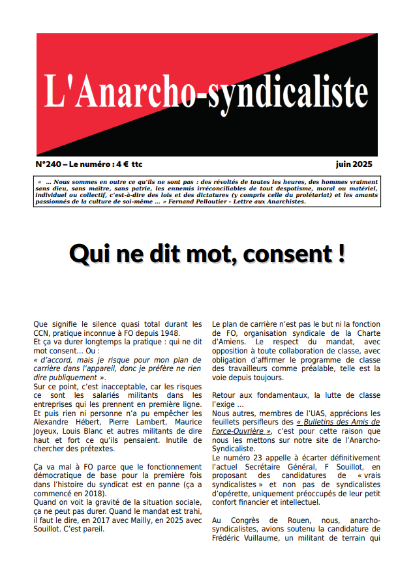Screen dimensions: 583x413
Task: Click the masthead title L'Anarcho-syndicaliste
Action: [x=206, y=91]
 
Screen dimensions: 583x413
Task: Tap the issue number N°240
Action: [x=49, y=164]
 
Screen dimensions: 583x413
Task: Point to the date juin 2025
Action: [x=354, y=164]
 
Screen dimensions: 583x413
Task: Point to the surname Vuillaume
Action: [x=261, y=538]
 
